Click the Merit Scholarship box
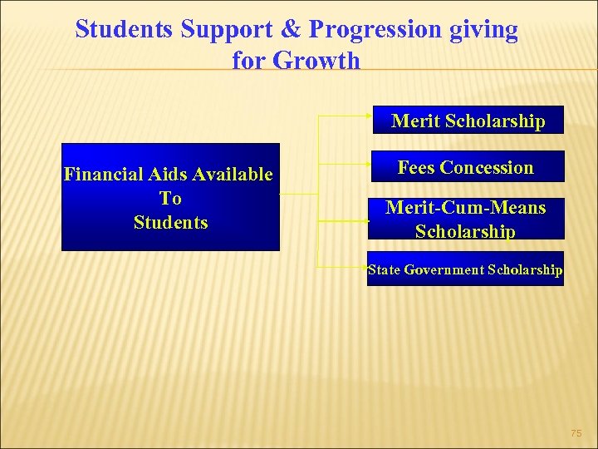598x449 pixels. pyautogui.click(x=468, y=121)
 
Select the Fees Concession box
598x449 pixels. pyautogui.click(x=465, y=167)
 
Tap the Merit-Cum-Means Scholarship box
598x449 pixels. pyautogui.click(x=465, y=219)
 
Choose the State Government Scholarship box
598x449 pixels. pyautogui.click(x=465, y=269)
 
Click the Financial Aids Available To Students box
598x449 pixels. pyautogui.click(x=170, y=198)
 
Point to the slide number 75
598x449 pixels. pyautogui.click(x=576, y=433)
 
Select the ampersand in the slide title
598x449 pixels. pyautogui.click(x=291, y=30)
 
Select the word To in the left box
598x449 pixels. pyautogui.click(x=170, y=198)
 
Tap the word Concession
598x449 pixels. pyautogui.click(x=487, y=167)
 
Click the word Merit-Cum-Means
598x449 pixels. pyautogui.click(x=465, y=208)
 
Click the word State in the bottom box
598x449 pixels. pyautogui.click(x=385, y=269)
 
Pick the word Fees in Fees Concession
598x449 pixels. pyautogui.click(x=416, y=167)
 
